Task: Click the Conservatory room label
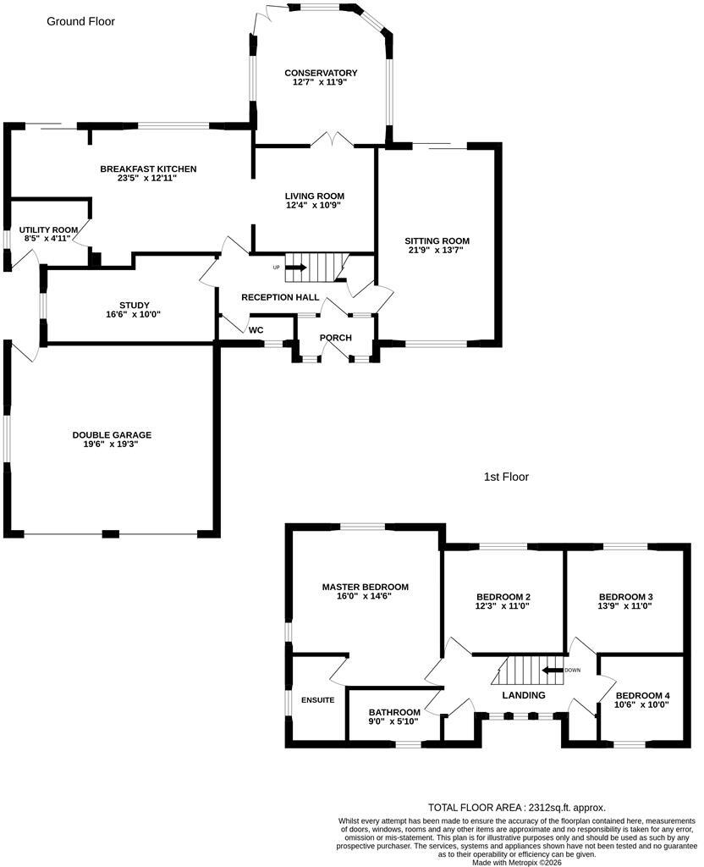321,73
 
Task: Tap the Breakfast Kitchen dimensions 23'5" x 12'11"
147,178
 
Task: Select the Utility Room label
48,230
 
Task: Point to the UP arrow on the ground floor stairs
295,268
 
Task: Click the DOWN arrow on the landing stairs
552,671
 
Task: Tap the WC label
256,330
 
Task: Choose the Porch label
335,338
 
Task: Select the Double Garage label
112,435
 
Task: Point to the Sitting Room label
437,241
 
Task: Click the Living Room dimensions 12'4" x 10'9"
315,205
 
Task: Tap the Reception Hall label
280,297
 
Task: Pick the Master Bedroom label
366,588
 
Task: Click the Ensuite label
318,700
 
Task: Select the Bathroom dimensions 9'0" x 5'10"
394,721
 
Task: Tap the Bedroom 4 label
643,696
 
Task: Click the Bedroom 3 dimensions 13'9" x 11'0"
625,606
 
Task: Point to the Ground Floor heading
80,21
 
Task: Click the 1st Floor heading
506,478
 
